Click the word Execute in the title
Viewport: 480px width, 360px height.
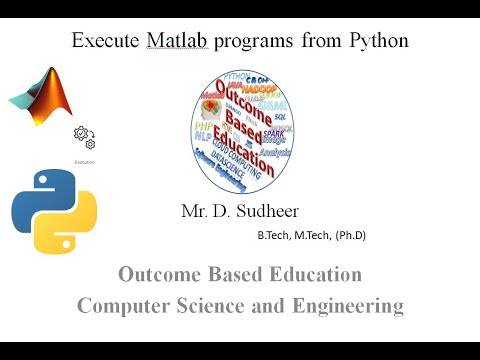(x=106, y=42)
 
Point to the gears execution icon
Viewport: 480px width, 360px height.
(x=84, y=138)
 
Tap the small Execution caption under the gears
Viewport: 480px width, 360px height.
(x=85, y=160)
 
